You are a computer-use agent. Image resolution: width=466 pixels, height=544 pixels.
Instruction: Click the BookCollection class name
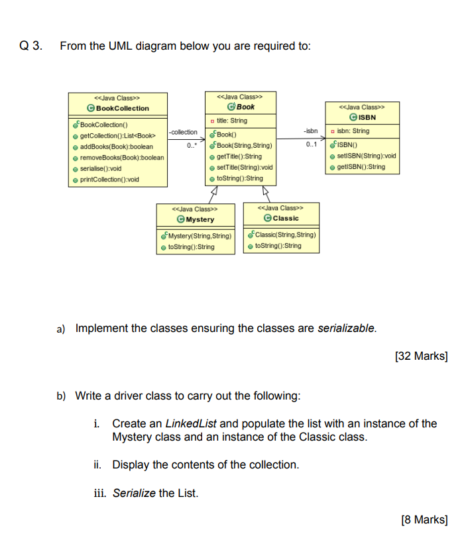point(122,108)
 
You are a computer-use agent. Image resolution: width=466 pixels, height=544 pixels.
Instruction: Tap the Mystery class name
point(199,219)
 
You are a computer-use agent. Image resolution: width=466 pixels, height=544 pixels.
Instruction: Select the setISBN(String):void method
point(366,156)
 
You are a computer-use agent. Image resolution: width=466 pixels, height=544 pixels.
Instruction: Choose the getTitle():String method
point(239,156)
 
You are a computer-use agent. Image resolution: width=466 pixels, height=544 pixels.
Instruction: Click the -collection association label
point(183,132)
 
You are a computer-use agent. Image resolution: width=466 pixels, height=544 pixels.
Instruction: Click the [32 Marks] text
point(421,356)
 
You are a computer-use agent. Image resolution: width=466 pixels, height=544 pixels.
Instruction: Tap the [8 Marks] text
point(424,519)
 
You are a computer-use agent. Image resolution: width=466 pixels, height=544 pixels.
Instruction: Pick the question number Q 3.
point(30,46)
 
